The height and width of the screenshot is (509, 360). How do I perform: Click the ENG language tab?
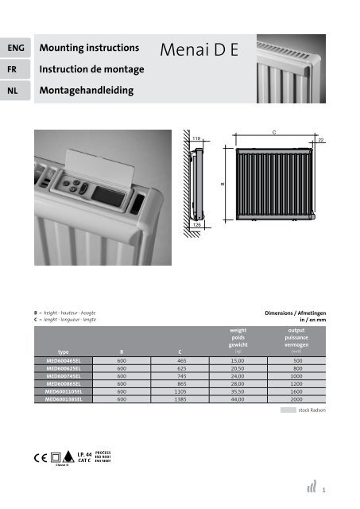pyautogui.click(x=15, y=49)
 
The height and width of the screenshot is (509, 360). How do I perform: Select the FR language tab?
pyautogui.click(x=15, y=69)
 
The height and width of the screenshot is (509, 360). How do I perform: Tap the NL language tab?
pyautogui.click(x=15, y=90)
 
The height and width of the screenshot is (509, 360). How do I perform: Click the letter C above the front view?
pyautogui.click(x=274, y=132)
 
